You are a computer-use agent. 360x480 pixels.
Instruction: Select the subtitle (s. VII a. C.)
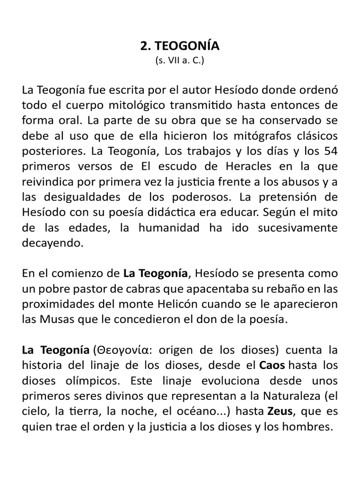[x=180, y=61]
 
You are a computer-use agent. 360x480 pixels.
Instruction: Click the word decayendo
[x=52, y=243]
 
